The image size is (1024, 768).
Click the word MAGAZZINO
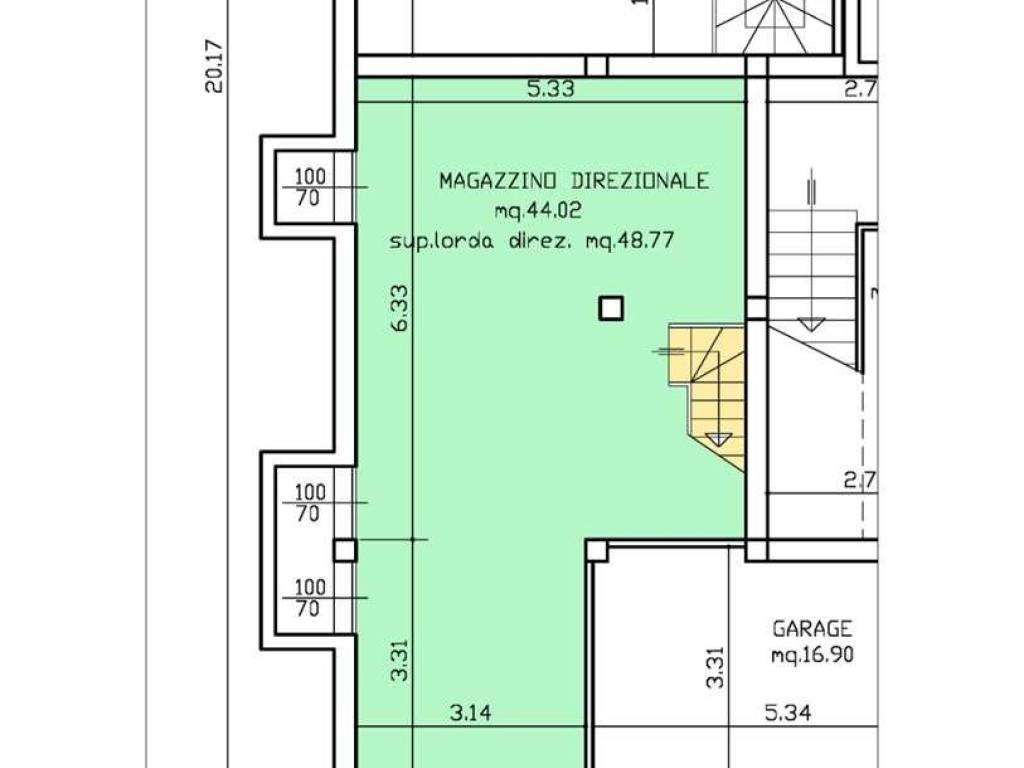point(498,180)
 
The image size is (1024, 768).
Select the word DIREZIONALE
point(640,180)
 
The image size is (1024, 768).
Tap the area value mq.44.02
point(538,211)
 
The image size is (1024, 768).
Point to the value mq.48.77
point(630,242)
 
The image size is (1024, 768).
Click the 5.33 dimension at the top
point(551,89)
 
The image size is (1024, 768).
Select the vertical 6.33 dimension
point(400,307)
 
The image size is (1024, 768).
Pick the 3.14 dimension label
point(471,712)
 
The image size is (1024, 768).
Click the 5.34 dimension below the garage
point(788,712)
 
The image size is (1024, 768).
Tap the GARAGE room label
point(812,629)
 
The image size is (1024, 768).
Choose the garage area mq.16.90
point(812,655)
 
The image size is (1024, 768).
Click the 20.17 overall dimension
point(214,67)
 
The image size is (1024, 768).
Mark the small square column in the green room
point(611,308)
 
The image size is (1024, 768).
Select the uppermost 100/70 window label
point(310,187)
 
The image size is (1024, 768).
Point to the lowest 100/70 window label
point(310,598)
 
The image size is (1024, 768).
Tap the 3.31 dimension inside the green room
point(400,660)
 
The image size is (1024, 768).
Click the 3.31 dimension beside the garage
point(716,667)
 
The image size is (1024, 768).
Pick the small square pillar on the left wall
point(345,551)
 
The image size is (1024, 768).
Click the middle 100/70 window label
point(310,503)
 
